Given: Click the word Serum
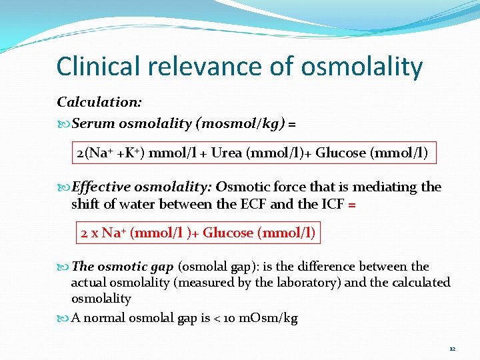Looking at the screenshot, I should [93, 123].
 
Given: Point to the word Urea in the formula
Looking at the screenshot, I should [227, 153].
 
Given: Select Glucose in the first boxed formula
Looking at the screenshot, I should [341, 153].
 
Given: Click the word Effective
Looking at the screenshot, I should [99, 187].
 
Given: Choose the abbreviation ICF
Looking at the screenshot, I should [330, 203].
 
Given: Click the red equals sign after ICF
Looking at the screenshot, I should [352, 204].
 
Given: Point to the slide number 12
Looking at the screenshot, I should [452, 349].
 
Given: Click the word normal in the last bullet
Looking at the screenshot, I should [106, 318].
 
